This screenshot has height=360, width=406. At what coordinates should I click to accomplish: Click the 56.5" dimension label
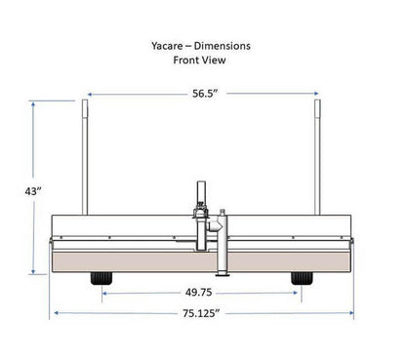(x=203, y=95)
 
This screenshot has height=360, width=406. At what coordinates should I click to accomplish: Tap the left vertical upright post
(x=87, y=156)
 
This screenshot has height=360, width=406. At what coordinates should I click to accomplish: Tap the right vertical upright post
(x=318, y=156)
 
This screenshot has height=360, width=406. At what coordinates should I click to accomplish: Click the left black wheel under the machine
(x=101, y=279)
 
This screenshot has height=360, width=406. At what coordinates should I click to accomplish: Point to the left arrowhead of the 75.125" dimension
(x=55, y=313)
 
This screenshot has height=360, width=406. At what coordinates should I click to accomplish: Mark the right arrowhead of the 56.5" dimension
(x=315, y=95)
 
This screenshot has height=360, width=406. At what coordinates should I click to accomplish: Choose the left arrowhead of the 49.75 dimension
(x=102, y=292)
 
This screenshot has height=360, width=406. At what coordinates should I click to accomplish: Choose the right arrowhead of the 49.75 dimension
(x=302, y=292)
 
